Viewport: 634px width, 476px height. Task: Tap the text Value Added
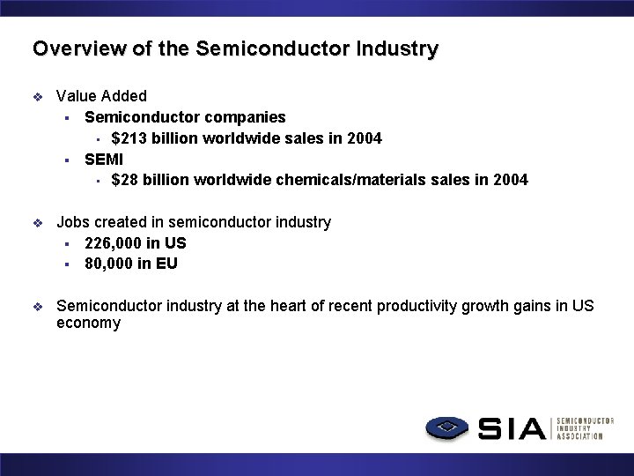[101, 96]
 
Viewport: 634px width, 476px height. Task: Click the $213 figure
[130, 138]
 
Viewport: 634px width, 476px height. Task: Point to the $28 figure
[127, 180]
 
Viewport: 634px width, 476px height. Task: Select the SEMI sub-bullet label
[103, 160]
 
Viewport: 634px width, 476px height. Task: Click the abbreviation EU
[166, 263]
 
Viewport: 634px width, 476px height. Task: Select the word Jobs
[73, 222]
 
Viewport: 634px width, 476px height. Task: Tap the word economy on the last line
[88, 324]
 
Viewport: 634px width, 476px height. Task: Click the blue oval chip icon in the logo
[449, 428]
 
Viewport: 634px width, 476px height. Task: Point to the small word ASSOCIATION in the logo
[579, 436]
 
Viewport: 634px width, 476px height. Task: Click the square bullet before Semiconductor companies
[66, 118]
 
